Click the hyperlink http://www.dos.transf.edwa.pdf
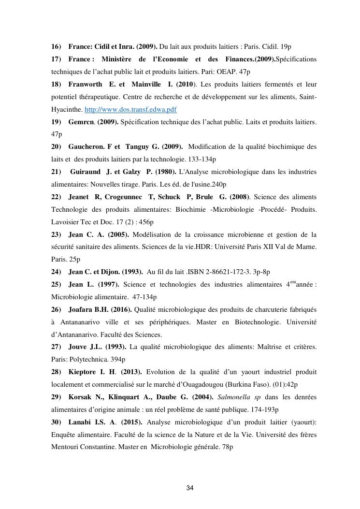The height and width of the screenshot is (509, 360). click(x=130, y=110)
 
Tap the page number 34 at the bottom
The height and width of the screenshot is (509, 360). click(x=190, y=488)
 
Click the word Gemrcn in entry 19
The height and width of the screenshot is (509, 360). click(x=81, y=122)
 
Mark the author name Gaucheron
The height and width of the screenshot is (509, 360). click(x=86, y=147)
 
